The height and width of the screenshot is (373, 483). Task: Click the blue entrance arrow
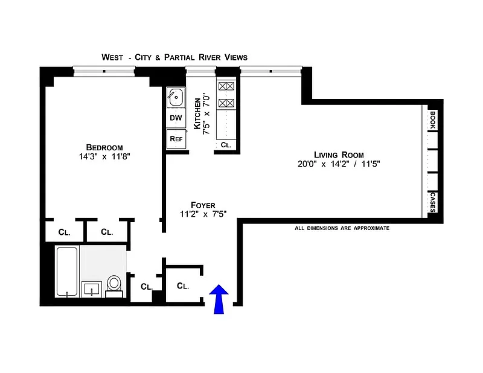coord(219,299)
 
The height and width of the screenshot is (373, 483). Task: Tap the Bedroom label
coord(104,147)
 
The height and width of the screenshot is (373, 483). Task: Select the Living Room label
coord(339,155)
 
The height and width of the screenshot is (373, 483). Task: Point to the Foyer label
coord(203,205)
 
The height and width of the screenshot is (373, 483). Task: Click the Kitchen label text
coord(197,113)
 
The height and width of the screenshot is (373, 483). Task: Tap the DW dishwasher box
coord(176,118)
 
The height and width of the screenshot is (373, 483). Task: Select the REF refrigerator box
coord(176,139)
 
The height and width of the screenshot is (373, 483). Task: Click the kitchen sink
coord(176,97)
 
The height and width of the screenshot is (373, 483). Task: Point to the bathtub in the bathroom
coord(67,272)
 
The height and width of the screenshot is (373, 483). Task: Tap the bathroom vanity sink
coord(92,289)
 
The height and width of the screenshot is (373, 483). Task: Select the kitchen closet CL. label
coord(226,145)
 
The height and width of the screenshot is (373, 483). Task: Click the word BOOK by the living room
coord(432,120)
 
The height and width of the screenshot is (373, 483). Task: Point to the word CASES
coord(432,202)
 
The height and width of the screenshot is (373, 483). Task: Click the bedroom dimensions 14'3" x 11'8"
coord(104,157)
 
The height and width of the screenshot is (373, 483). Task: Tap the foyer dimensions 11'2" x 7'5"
coord(203,214)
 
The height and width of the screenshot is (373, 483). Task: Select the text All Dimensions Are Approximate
coord(342,228)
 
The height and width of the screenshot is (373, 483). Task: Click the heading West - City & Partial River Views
coord(174,57)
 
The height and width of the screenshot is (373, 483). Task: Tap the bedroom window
coord(104,71)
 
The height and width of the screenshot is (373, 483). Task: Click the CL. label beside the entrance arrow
coord(183,286)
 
